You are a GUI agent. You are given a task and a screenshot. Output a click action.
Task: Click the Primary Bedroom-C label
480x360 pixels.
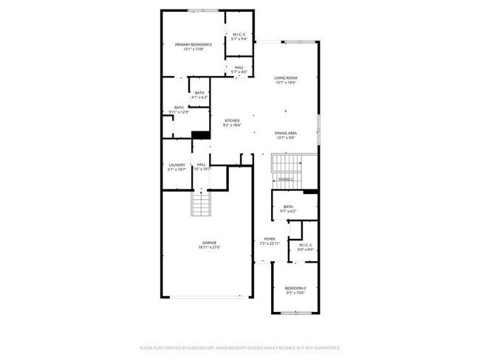[x=193, y=45]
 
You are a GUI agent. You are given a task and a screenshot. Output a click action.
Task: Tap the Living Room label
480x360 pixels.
[x=286, y=77]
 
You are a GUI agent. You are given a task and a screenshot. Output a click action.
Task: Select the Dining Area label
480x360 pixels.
[x=286, y=133]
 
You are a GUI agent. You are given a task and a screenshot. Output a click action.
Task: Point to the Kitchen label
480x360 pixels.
[x=233, y=121]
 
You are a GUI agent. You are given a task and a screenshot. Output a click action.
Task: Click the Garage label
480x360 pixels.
[x=210, y=243]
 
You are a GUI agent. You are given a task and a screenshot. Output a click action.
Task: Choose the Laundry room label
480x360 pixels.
[x=177, y=165]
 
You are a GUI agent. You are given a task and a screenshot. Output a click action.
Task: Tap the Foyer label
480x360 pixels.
[x=270, y=239]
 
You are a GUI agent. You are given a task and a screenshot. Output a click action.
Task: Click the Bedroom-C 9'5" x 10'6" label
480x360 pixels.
[x=295, y=288]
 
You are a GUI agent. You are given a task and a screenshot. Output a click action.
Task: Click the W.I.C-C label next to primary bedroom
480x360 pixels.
[x=239, y=35]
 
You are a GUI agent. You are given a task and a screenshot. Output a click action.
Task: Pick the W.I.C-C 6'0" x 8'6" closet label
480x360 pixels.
[x=305, y=245]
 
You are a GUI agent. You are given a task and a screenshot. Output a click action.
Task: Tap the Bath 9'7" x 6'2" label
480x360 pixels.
[x=288, y=207]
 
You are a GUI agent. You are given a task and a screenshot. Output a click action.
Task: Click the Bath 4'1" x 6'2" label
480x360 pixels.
[x=199, y=92]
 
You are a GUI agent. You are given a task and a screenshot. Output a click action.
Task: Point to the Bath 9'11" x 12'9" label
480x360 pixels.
[x=179, y=108]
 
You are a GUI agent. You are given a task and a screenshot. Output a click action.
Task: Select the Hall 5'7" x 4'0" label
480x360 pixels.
[x=239, y=68]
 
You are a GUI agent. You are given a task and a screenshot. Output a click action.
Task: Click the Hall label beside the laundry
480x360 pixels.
[x=201, y=165]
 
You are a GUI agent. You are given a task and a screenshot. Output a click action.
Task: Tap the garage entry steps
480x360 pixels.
[x=202, y=205]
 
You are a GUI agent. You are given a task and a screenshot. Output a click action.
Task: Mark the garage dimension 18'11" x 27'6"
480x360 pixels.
[x=210, y=247]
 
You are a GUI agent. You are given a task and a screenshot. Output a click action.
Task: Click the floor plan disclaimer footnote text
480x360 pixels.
[x=239, y=347]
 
